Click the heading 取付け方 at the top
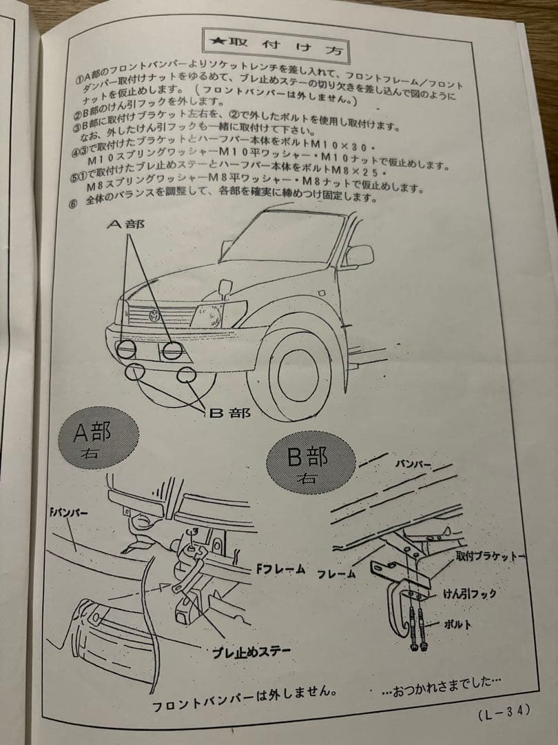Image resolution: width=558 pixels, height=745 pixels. coord(278,43)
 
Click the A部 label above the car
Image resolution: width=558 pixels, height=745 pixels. coord(130,225)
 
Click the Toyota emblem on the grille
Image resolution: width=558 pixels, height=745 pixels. coord(156,315)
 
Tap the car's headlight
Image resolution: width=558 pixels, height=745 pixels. coord(218,315)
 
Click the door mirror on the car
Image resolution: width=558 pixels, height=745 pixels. coord(358,256)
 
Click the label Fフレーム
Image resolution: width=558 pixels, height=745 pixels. coord(281,569)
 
